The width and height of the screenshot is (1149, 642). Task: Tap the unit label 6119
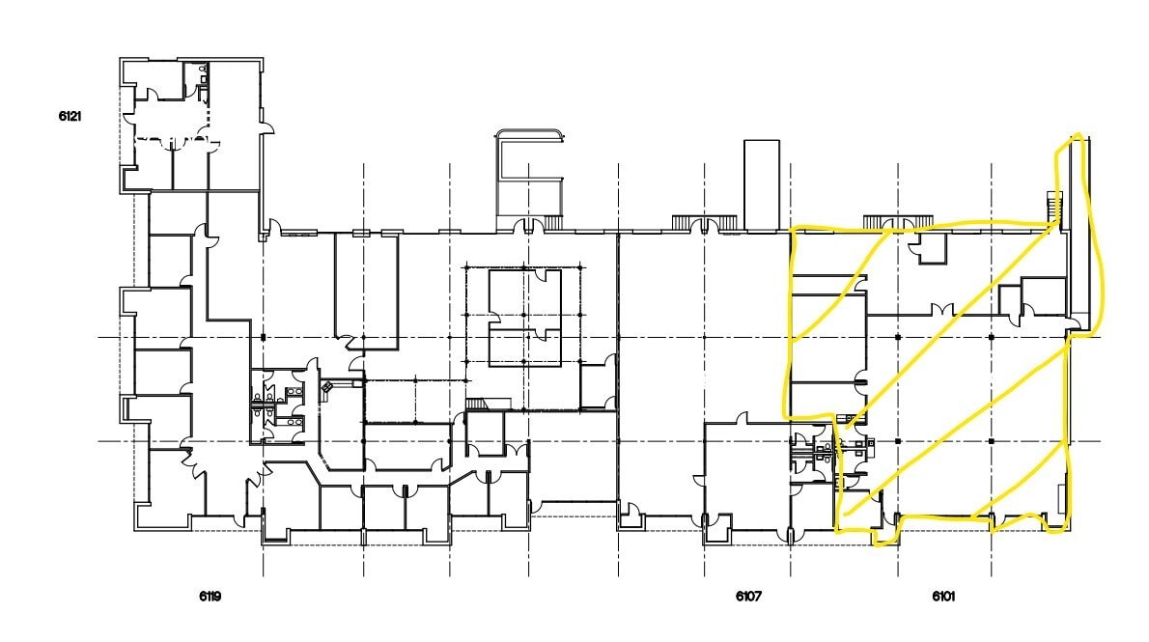pyautogui.click(x=210, y=597)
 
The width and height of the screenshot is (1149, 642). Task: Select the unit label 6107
pyautogui.click(x=748, y=597)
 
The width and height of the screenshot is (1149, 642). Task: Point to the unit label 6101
pyautogui.click(x=943, y=597)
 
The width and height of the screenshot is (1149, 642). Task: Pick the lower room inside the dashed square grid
pyautogui.click(x=524, y=347)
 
